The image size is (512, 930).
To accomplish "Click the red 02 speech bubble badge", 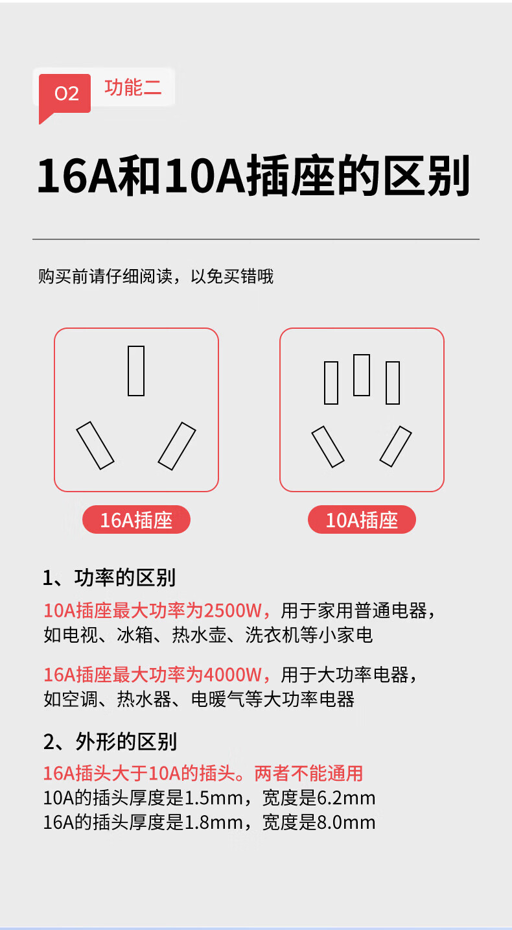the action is (x=65, y=94).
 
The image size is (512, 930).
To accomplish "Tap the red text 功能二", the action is (x=133, y=88).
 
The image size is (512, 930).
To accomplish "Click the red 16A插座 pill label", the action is (x=136, y=519).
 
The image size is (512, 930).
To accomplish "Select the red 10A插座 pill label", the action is (x=362, y=519).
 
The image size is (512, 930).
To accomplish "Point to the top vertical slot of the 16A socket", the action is (x=136, y=371).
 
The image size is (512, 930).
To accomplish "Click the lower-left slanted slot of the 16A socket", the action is (x=95, y=446).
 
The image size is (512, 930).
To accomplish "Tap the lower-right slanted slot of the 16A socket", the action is (x=177, y=446).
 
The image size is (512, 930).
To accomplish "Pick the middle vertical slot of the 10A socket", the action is (x=362, y=375).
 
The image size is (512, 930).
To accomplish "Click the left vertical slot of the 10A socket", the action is (x=331, y=383).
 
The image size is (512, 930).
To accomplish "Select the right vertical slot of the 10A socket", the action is (x=393, y=383).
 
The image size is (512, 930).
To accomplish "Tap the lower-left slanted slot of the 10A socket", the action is (x=328, y=447).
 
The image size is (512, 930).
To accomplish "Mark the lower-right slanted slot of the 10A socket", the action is (x=396, y=446).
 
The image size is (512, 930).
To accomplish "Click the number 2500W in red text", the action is (x=233, y=611).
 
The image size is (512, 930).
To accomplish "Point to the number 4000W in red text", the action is (x=233, y=675).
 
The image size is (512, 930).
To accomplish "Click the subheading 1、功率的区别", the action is (x=110, y=577).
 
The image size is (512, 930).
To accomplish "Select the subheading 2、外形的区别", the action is (x=110, y=741).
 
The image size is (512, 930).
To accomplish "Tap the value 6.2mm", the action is (x=346, y=798).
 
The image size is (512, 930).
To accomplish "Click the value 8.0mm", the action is (x=346, y=822).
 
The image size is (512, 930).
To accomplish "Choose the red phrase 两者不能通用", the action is (x=308, y=774).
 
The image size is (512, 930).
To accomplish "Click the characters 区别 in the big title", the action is (x=426, y=176).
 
